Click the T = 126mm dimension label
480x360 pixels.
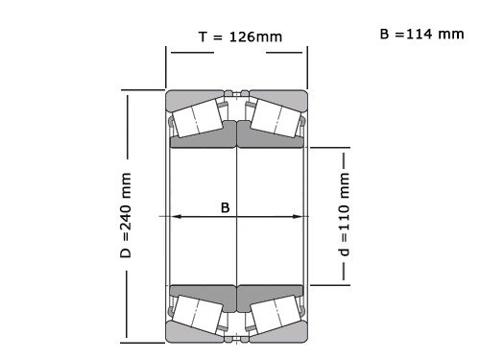(240, 37)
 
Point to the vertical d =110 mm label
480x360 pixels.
(344, 215)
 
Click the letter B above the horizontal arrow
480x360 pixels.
(226, 206)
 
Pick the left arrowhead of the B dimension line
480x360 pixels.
(176, 217)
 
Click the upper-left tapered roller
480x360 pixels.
(200, 118)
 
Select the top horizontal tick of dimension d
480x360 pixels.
(327, 149)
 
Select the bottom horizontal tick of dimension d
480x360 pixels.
(327, 283)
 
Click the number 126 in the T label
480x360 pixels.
(248, 37)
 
